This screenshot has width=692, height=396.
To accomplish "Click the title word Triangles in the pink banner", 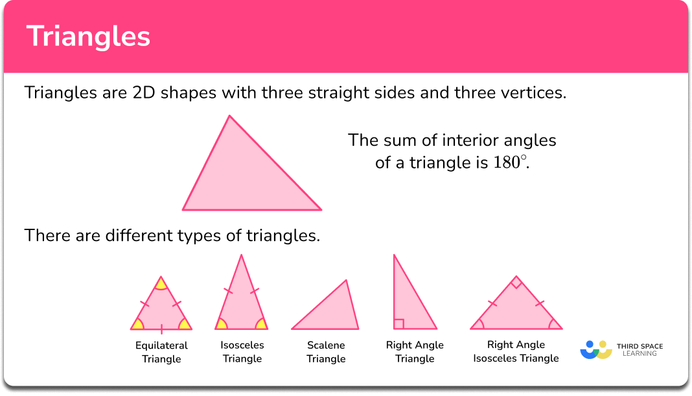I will (88, 37).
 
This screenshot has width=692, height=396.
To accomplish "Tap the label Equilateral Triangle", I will (161, 352).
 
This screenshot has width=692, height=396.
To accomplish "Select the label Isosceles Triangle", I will (242, 352).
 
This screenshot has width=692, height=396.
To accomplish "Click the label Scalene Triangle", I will (326, 352).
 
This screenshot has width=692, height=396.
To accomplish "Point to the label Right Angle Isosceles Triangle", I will (516, 351).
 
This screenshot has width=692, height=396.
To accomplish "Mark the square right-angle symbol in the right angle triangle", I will (399, 324).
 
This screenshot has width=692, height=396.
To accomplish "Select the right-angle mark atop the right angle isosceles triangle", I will (516, 283).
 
